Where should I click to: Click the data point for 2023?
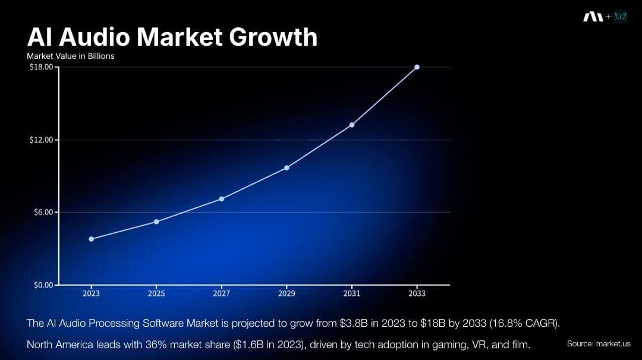[91, 239]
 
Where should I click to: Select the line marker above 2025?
[156, 222]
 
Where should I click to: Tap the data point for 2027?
[221, 198]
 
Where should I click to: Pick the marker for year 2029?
[287, 168]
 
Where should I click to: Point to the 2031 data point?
[352, 125]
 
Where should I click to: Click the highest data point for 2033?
[417, 67]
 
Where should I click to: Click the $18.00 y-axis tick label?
[41, 67]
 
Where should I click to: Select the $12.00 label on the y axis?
[41, 140]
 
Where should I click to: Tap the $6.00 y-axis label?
[43, 212]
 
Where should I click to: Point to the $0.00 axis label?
[43, 285]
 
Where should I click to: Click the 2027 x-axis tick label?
[221, 293]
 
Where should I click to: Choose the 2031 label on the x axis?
[352, 293]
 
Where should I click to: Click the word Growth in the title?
[273, 37]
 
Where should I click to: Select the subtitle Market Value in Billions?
[70, 56]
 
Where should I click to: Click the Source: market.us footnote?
[598, 344]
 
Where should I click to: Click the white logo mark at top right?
[593, 17]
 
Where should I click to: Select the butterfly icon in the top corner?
[621, 17]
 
